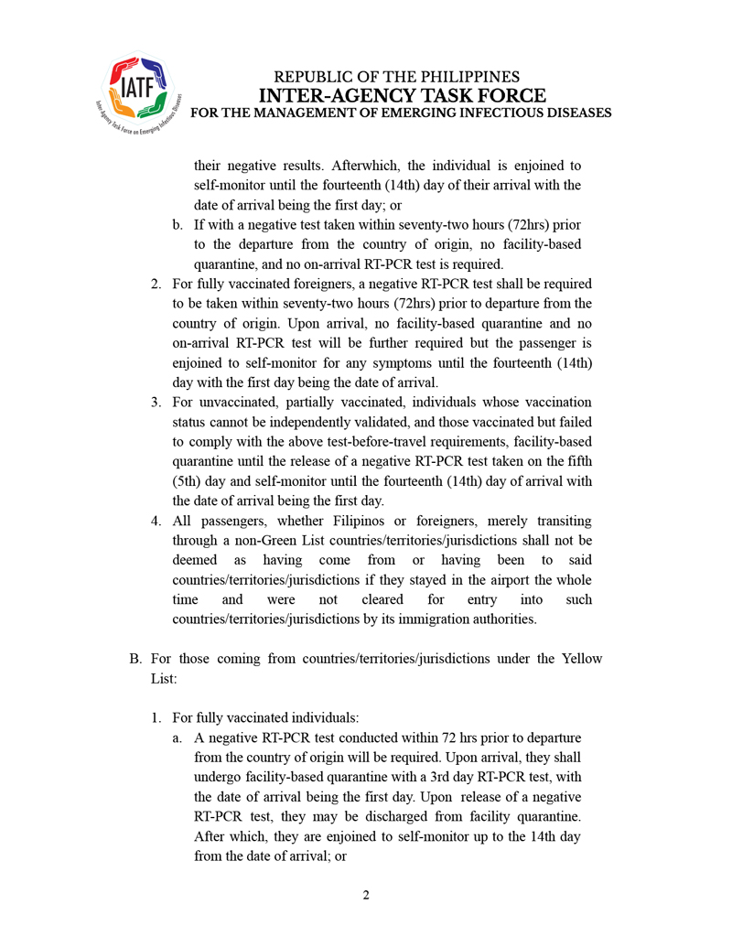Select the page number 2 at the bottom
click(366, 894)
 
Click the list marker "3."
click(156, 403)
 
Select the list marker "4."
click(156, 521)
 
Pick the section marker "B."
click(135, 659)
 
